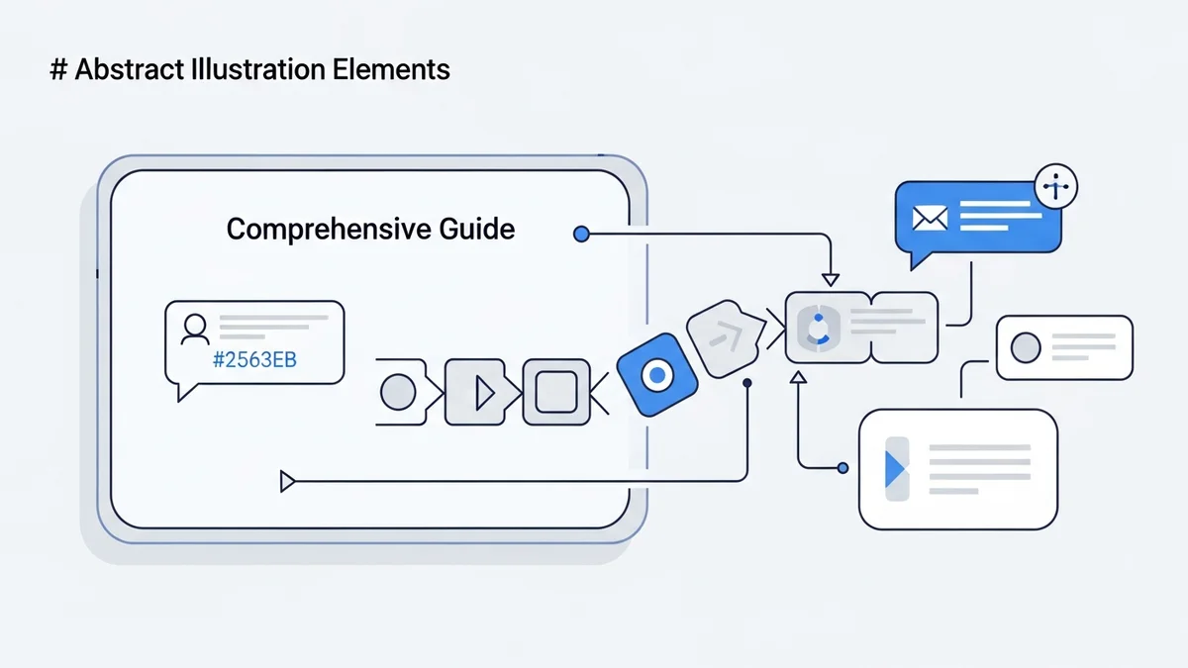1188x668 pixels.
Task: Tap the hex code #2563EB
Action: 254,359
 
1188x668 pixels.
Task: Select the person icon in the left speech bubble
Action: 195,329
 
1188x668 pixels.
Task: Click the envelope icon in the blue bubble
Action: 930,218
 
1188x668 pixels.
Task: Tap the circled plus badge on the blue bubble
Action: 1055,185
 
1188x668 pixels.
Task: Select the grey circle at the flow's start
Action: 398,393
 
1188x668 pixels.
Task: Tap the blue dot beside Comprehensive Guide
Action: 581,235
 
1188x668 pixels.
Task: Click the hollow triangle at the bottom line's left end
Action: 288,482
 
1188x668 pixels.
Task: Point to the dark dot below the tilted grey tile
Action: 747,382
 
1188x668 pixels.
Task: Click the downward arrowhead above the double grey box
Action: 830,279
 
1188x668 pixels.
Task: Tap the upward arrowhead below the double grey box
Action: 798,377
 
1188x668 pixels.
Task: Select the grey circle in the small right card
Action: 1026,347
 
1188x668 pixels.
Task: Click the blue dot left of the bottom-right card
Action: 843,468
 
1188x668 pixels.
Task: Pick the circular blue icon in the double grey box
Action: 818,327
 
